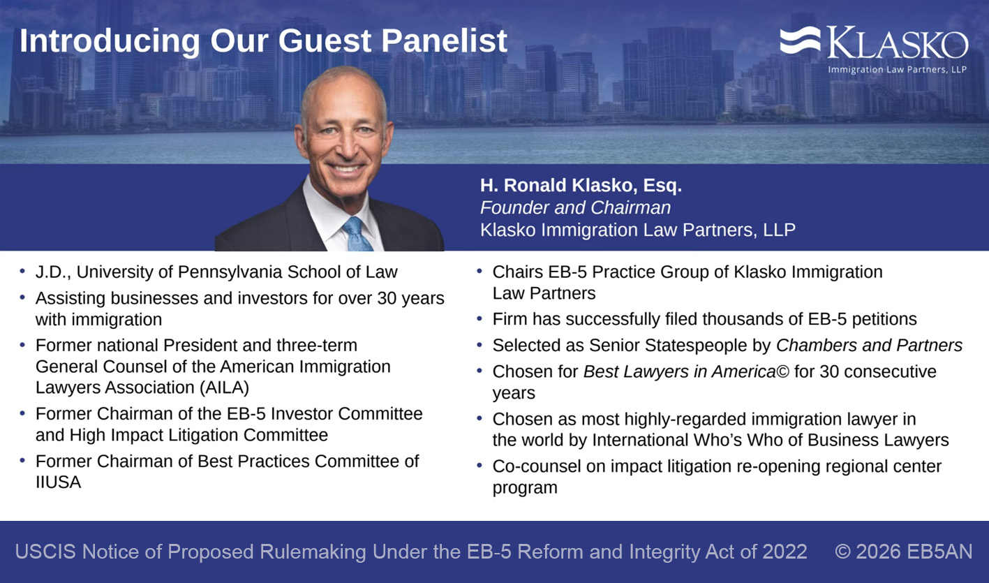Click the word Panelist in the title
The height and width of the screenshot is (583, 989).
pyautogui.click(x=444, y=40)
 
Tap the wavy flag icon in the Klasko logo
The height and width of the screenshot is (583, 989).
pyautogui.click(x=800, y=40)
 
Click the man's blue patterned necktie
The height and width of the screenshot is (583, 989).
pyautogui.click(x=357, y=234)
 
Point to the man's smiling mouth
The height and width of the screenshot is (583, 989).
pyautogui.click(x=347, y=168)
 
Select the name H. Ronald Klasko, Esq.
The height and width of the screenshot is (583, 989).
pyautogui.click(x=581, y=186)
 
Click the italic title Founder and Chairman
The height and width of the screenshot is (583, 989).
pyautogui.click(x=575, y=207)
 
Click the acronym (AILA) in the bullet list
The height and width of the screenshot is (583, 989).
pyautogui.click(x=224, y=388)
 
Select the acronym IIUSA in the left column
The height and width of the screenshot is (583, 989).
pyautogui.click(x=59, y=482)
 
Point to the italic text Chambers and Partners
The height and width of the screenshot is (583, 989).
pyautogui.click(x=869, y=346)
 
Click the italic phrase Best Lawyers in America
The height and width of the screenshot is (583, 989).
pyautogui.click(x=680, y=372)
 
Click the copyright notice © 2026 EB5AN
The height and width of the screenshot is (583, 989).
pyautogui.click(x=903, y=552)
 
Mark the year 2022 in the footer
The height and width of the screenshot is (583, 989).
pyautogui.click(x=784, y=552)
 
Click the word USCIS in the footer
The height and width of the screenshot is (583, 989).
pyautogui.click(x=46, y=552)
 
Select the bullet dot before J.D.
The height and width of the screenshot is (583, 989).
pyautogui.click(x=22, y=271)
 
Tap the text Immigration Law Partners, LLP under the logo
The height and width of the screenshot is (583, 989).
pyautogui.click(x=897, y=69)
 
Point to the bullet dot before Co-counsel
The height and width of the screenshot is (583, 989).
pyautogui.click(x=479, y=466)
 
